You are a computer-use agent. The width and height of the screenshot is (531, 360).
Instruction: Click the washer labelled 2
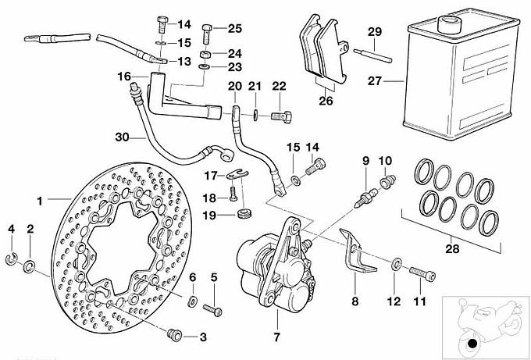30,266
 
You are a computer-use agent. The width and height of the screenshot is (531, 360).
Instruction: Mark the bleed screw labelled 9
364,192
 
